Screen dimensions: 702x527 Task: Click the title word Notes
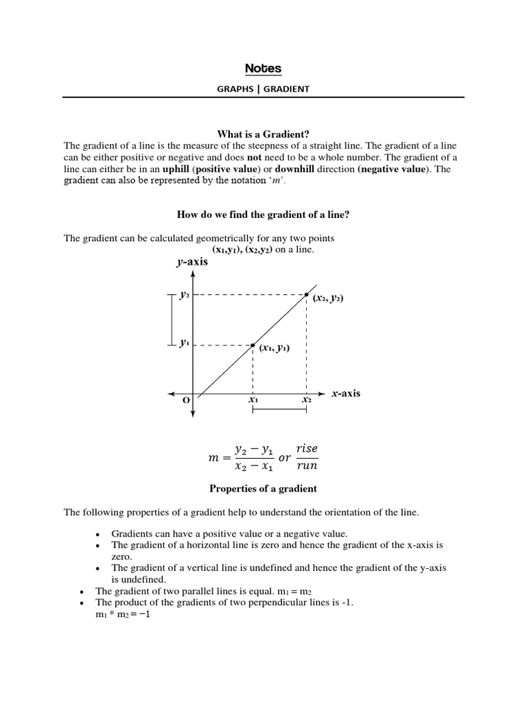(x=263, y=69)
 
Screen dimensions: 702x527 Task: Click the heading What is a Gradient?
(x=263, y=134)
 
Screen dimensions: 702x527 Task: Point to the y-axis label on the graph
(x=193, y=262)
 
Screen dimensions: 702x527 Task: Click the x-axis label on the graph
(x=345, y=394)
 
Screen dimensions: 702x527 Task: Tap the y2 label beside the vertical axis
(x=184, y=295)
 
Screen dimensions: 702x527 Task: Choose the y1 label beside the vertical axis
(x=184, y=344)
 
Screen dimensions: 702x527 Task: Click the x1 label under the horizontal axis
(x=253, y=400)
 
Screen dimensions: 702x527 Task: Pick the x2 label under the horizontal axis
(x=306, y=400)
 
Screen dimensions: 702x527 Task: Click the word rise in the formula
(x=307, y=449)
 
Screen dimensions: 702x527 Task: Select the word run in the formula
(x=307, y=466)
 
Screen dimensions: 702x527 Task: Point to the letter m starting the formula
(x=213, y=458)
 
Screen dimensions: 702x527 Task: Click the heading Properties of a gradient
(x=263, y=489)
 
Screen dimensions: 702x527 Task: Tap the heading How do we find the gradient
(x=263, y=215)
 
